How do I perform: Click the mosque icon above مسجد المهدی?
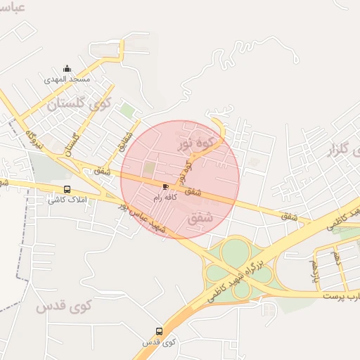[x=67, y=68]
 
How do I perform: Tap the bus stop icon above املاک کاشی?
[x=67, y=189]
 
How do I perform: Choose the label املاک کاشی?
[x=65, y=200]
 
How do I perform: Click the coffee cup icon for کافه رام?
[x=166, y=186]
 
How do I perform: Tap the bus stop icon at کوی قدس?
[x=159, y=331]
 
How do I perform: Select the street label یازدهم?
[x=314, y=266]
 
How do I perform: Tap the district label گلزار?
[x=340, y=149]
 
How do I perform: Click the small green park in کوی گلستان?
[x=126, y=110]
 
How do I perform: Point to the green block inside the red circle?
[x=149, y=169]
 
